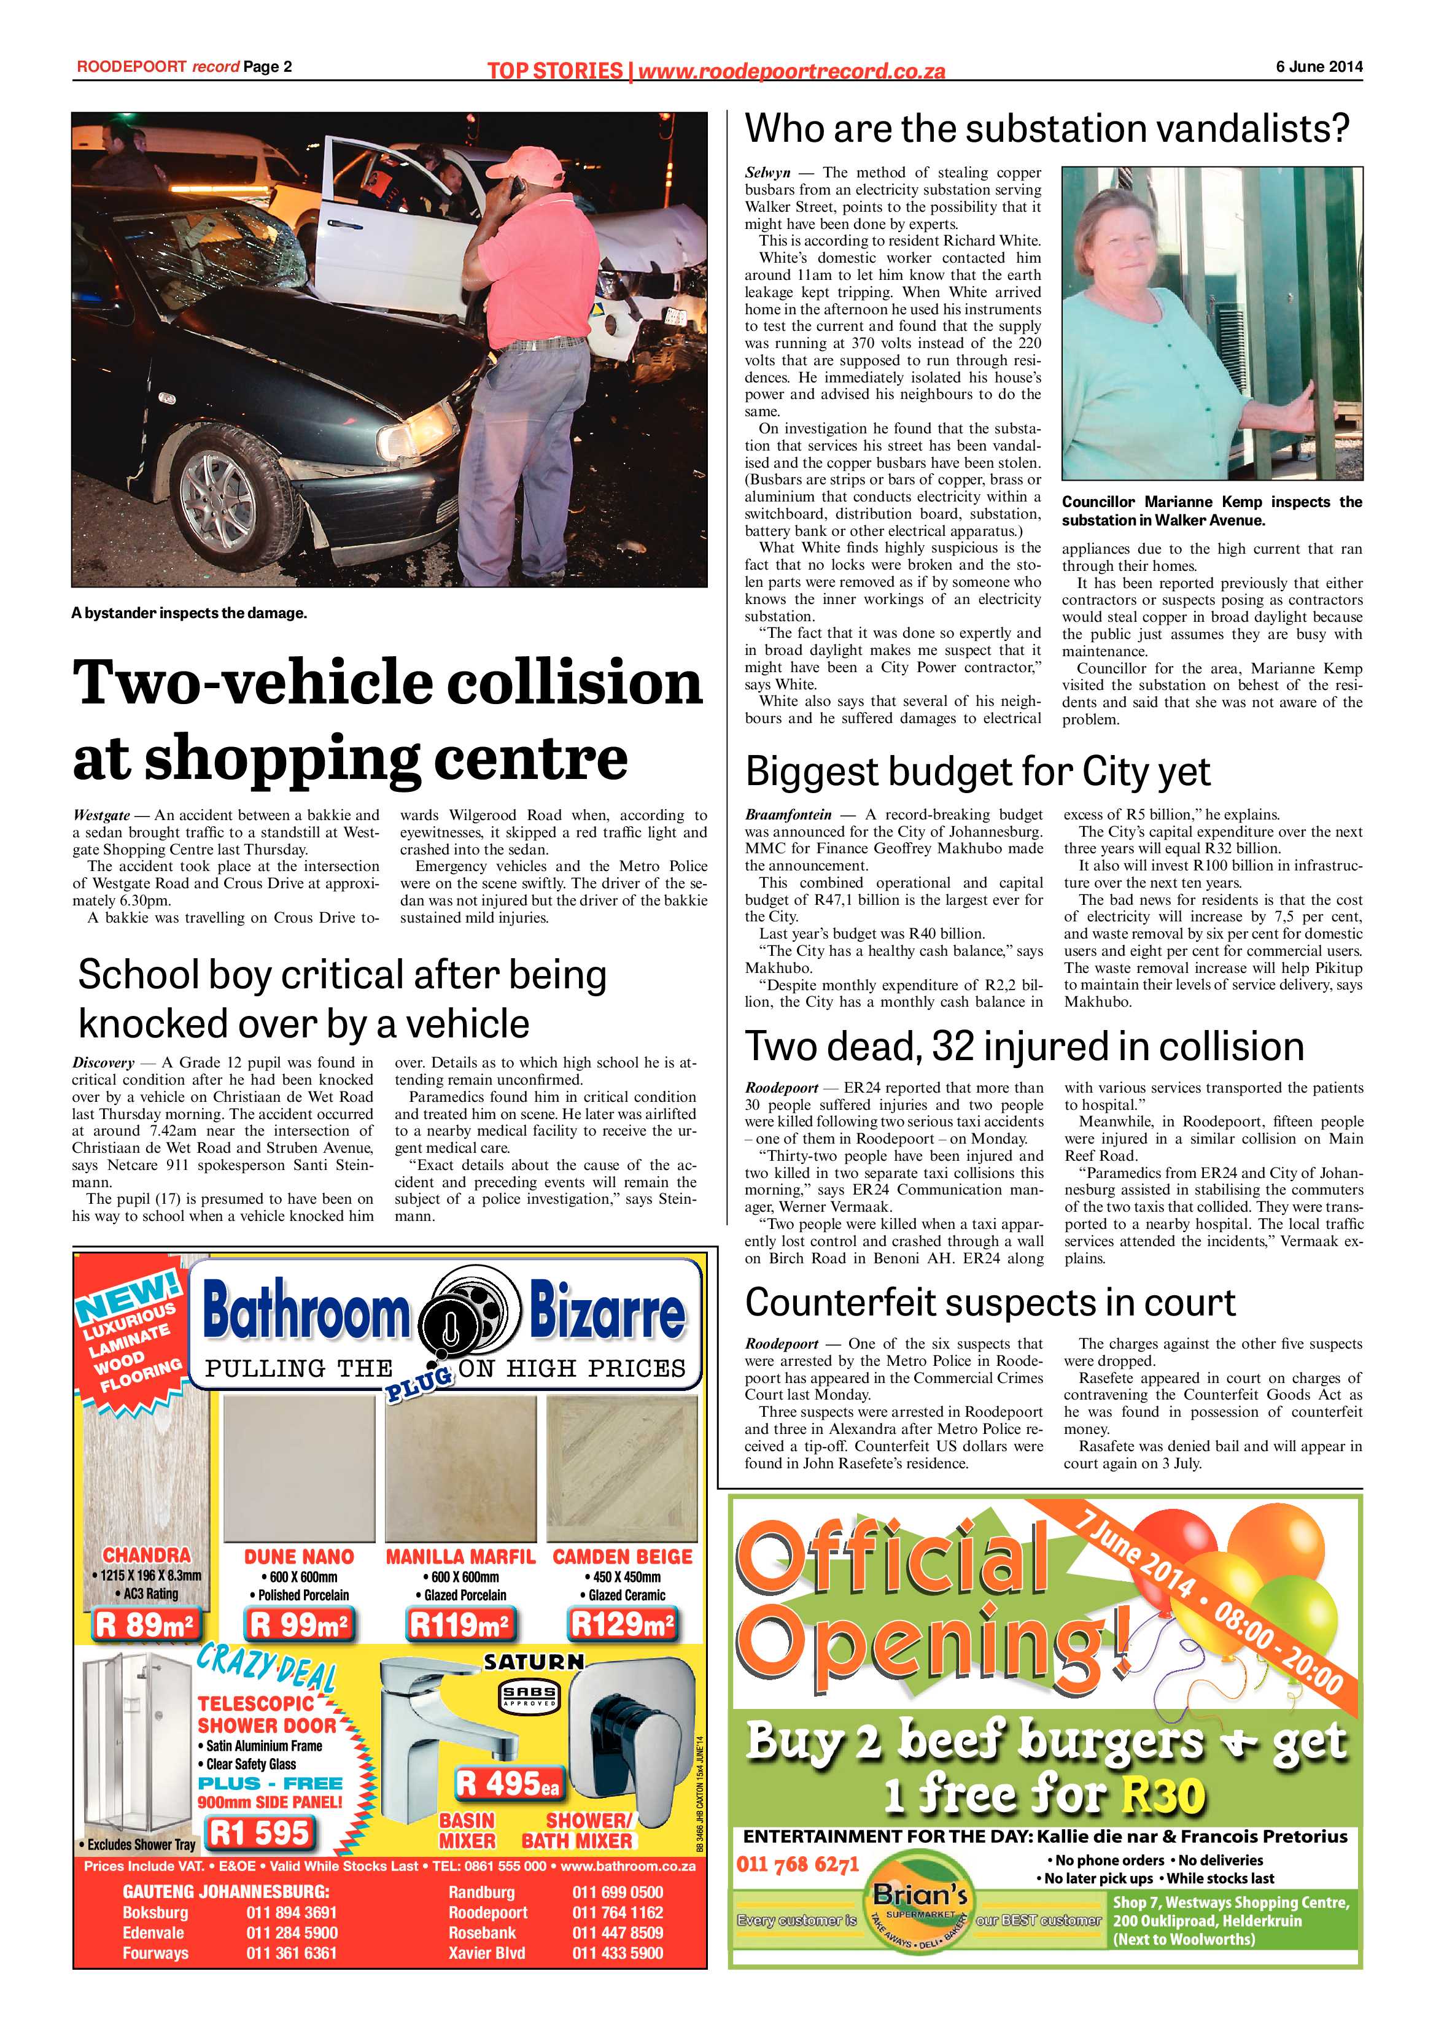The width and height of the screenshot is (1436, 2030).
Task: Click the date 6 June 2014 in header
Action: (x=1318, y=66)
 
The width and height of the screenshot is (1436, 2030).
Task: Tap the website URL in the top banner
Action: (x=791, y=71)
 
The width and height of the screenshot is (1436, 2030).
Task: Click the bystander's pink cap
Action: (x=527, y=163)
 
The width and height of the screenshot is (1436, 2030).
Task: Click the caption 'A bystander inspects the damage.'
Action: (x=189, y=613)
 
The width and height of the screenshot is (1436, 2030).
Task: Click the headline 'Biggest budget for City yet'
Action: (x=977, y=771)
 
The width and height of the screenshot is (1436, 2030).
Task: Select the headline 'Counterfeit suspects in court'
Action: (x=990, y=1303)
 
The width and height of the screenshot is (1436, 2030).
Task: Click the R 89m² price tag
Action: (x=147, y=1624)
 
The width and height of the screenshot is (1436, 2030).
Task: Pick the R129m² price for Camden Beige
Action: (x=623, y=1624)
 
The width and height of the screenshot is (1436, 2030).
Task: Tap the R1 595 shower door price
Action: (x=259, y=1833)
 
